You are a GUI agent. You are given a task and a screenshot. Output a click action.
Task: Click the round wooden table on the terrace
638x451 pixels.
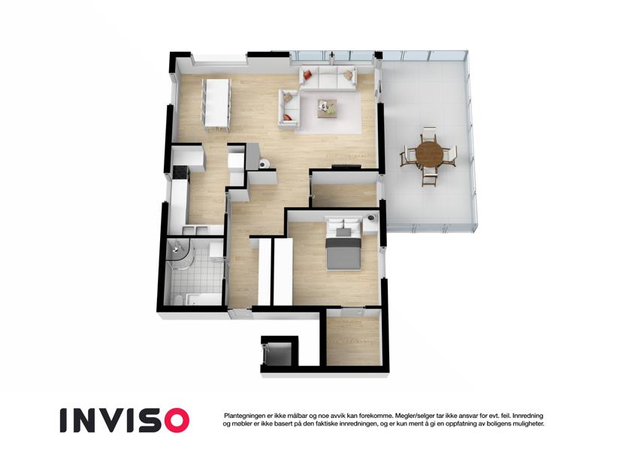pos(429,153)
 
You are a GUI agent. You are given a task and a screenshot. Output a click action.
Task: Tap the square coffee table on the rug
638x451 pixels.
pos(327,108)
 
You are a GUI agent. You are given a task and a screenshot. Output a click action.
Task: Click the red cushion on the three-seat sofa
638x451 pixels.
pos(307,74)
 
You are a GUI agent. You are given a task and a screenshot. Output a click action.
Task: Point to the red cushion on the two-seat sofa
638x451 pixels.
pos(287,117)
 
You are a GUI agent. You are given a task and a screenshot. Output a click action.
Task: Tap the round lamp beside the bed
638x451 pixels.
pos(371,218)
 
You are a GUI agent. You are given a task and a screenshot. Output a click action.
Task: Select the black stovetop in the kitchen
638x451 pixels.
pos(180,173)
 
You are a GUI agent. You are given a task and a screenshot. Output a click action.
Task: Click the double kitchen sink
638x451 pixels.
pos(195,231)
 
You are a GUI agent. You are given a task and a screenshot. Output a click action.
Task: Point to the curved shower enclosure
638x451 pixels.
pos(179,254)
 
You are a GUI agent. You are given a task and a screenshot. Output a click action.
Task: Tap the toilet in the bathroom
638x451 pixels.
pos(178,300)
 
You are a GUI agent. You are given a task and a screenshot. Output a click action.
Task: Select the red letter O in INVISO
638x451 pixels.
pos(174,420)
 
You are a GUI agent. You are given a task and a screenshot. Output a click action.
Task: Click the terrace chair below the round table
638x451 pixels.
pos(428,176)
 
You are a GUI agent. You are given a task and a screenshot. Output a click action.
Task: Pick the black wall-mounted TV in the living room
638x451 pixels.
pos(346,165)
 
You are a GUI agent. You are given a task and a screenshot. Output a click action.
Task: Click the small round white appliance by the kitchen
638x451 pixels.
pos(264,164)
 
